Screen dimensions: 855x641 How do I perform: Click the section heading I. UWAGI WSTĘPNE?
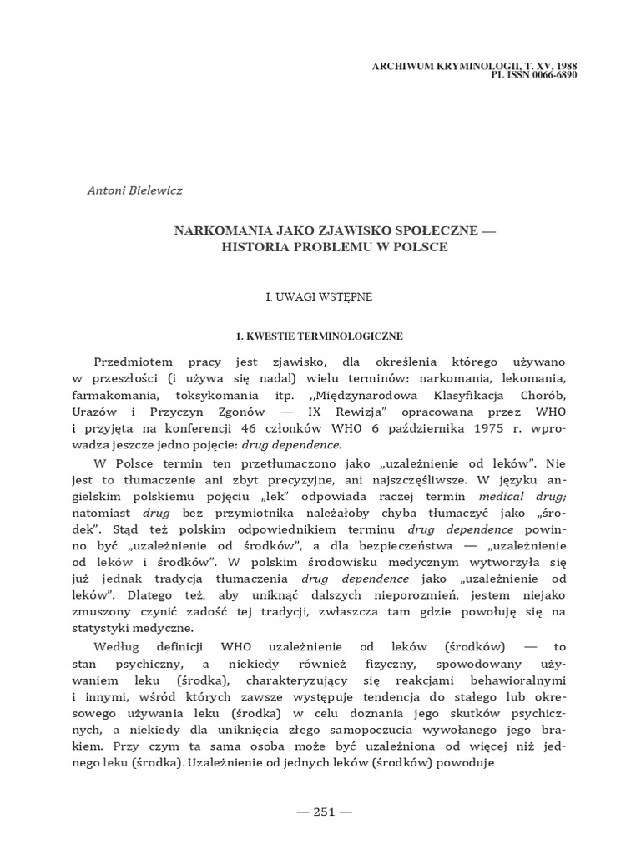tap(319, 296)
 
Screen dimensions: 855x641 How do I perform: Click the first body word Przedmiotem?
tap(133, 362)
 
